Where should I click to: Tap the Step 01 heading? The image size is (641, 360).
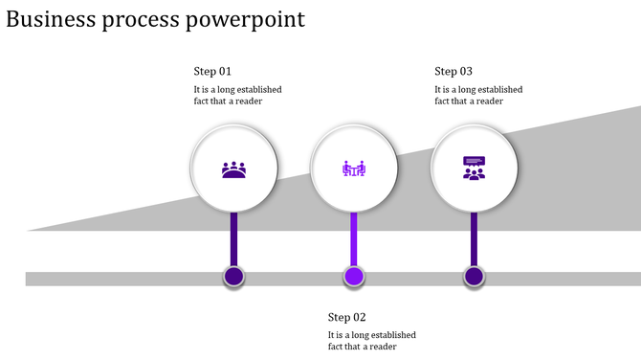point(212,72)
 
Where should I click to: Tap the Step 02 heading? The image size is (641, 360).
point(346,318)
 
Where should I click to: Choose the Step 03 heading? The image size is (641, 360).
point(453,72)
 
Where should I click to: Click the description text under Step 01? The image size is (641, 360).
point(237,96)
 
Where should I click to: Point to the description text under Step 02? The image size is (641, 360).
point(371,341)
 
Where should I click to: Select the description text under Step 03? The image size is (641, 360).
point(478,96)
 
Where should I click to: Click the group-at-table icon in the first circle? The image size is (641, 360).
point(234,169)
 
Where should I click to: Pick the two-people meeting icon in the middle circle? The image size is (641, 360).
point(354,169)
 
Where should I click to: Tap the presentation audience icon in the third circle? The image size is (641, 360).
point(474,169)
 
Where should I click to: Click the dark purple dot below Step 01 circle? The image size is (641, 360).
point(234,277)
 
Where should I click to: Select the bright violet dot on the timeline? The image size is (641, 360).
point(354,277)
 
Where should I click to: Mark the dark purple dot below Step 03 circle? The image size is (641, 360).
point(474,277)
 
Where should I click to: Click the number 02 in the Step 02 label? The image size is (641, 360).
point(359,318)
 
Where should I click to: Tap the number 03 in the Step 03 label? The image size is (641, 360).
point(466,72)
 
